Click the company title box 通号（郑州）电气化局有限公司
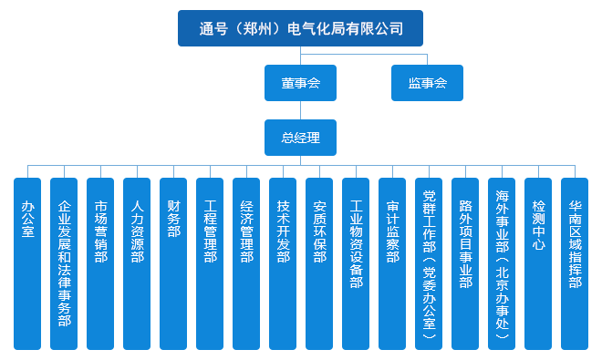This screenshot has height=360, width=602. (x=300, y=28)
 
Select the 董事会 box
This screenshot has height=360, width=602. (x=300, y=83)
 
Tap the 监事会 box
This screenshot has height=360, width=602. (x=427, y=83)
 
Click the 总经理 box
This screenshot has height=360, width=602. (x=300, y=138)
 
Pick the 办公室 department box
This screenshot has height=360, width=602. (x=27, y=263)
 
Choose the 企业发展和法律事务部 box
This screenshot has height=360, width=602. (x=64, y=263)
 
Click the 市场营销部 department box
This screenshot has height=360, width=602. (x=100, y=263)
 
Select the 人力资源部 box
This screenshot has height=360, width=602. (x=137, y=263)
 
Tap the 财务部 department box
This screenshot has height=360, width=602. (x=173, y=263)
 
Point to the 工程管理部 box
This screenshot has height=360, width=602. (x=210, y=263)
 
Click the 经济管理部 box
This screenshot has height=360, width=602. (x=246, y=263)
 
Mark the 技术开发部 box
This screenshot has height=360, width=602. (x=283, y=263)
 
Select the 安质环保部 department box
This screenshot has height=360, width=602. (x=319, y=263)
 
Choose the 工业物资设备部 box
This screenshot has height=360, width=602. (x=356, y=263)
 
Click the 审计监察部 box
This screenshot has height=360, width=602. (x=392, y=263)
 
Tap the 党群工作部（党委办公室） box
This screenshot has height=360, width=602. (x=429, y=263)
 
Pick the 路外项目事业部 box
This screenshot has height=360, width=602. (x=465, y=263)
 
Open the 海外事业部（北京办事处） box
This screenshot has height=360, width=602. (x=502, y=263)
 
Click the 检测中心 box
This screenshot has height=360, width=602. (x=538, y=263)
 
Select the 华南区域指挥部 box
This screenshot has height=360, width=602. (x=575, y=263)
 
